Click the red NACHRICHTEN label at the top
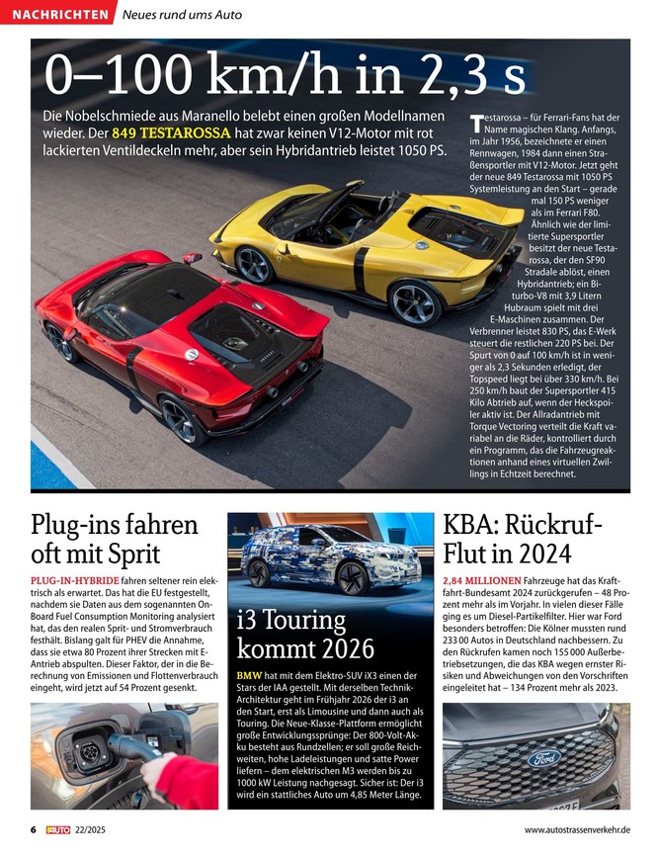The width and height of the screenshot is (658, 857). [59, 15]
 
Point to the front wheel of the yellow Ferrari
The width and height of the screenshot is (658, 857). [254, 265]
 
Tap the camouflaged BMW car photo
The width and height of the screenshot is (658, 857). [331, 558]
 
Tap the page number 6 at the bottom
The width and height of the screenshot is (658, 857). [33, 830]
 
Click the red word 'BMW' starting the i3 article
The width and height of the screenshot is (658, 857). [249, 676]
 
